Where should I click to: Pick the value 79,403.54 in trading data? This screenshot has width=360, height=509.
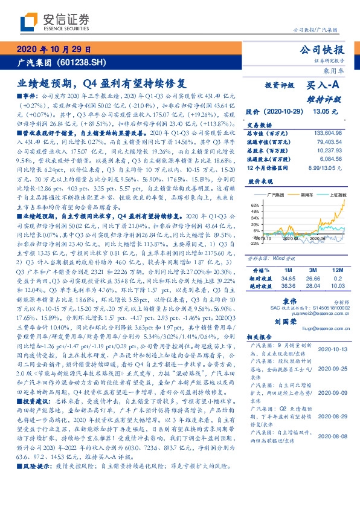click(329, 141)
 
